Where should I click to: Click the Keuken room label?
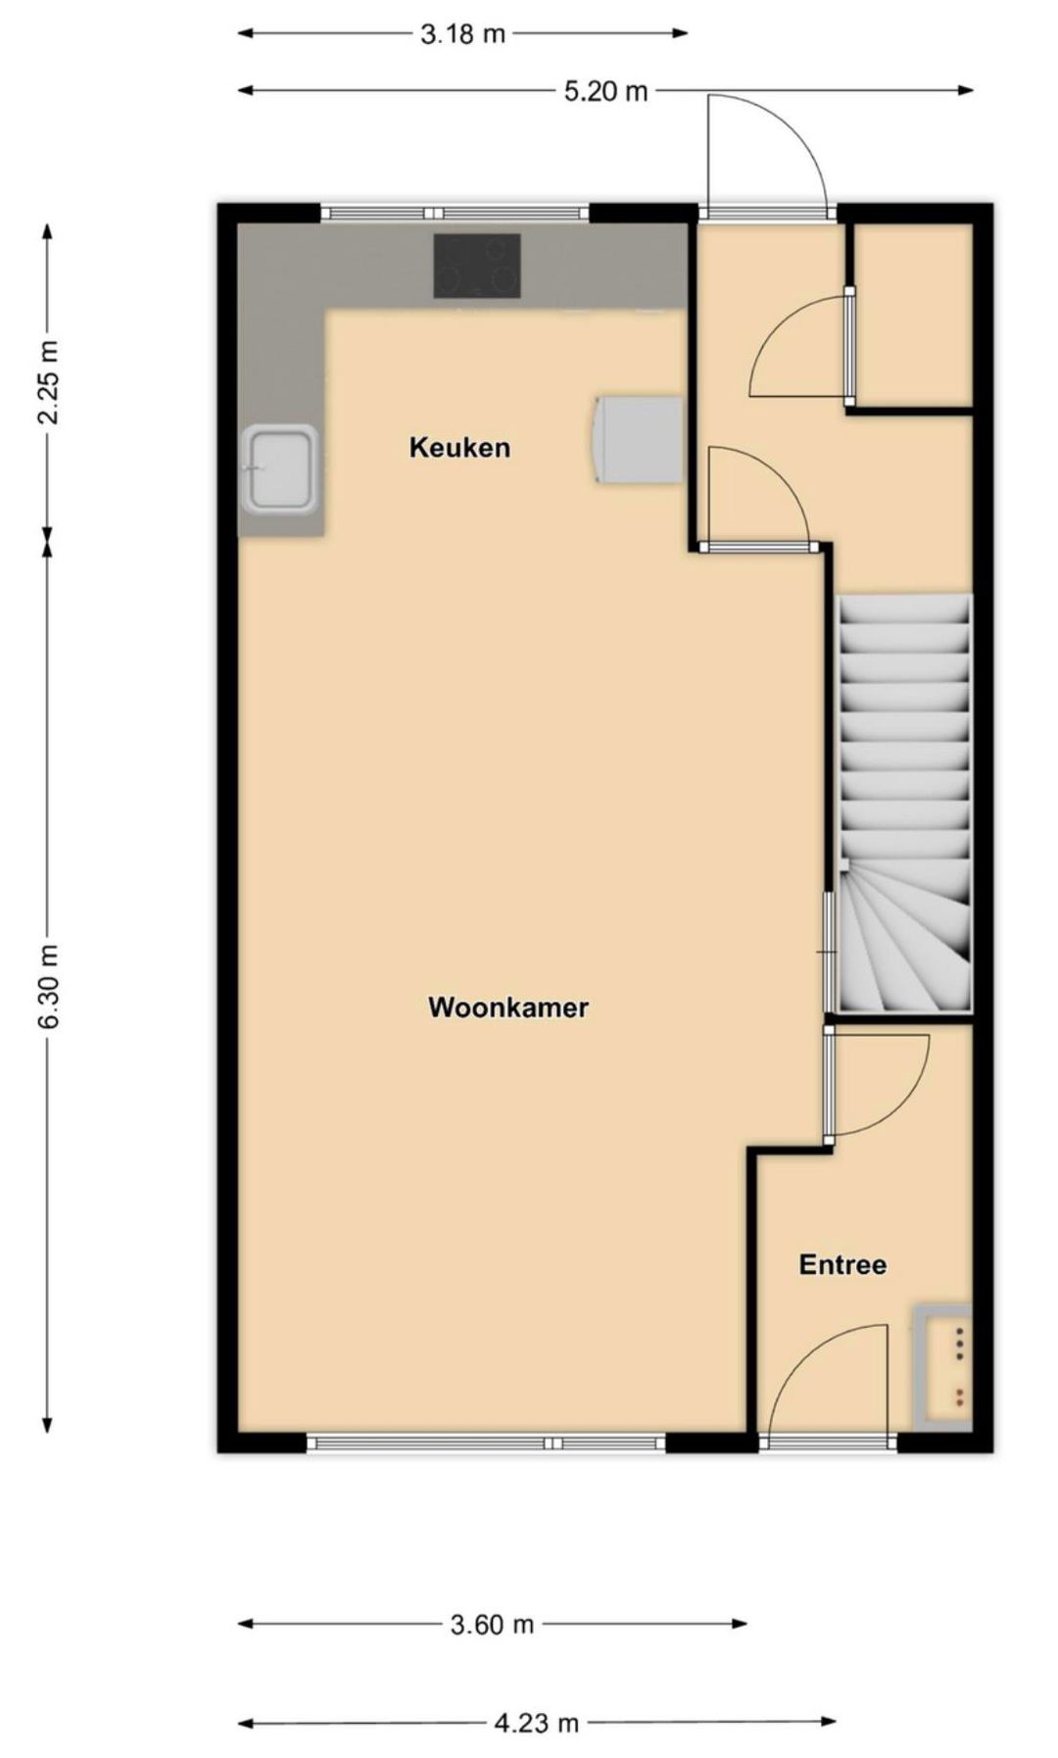(x=459, y=448)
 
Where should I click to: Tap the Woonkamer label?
(x=507, y=1007)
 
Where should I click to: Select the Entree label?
(x=842, y=1264)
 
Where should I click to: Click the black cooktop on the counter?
(x=477, y=266)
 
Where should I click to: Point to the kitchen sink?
(x=281, y=468)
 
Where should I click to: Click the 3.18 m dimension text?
(x=462, y=34)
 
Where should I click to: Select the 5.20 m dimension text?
(x=605, y=92)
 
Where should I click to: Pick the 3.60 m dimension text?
(x=492, y=1625)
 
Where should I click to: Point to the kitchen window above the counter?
(x=456, y=213)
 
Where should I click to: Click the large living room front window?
(x=487, y=1442)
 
